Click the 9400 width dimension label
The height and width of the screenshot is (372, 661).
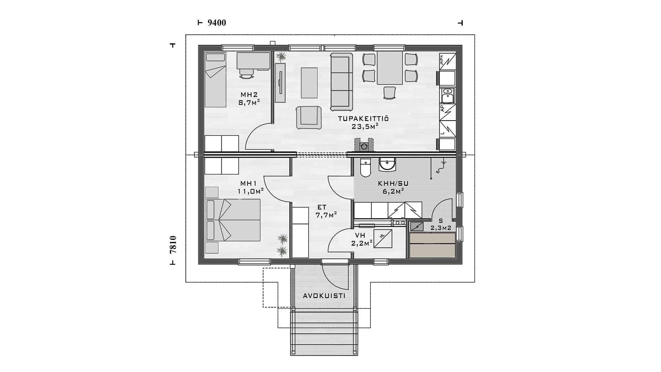click(217, 23)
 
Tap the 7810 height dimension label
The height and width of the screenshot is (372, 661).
click(173, 245)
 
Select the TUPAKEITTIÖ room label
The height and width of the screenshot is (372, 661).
click(363, 119)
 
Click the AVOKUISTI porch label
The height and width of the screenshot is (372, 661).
click(324, 296)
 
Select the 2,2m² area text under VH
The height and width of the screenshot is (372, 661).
click(361, 243)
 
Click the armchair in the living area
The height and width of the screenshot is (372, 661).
click(309, 118)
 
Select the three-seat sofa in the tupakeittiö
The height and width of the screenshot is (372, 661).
click(342, 82)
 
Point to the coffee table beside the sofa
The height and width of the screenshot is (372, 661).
click(309, 83)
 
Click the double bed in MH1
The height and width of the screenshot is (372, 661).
click(233, 220)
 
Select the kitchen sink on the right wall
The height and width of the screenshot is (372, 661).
click(448, 95)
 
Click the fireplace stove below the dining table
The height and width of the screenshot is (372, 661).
click(364, 145)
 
